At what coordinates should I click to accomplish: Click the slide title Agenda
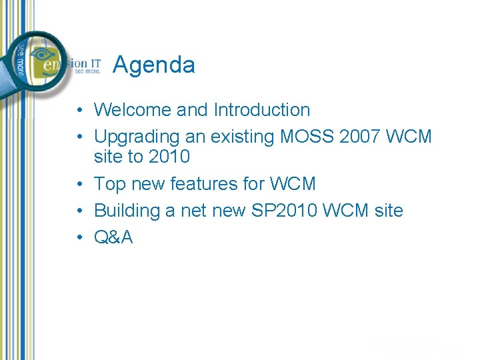154,65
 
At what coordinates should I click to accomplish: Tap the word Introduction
262,110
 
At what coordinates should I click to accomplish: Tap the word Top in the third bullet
110,183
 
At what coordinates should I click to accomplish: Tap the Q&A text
113,237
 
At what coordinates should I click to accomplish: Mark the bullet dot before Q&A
79,238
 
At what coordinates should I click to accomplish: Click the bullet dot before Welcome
79,111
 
